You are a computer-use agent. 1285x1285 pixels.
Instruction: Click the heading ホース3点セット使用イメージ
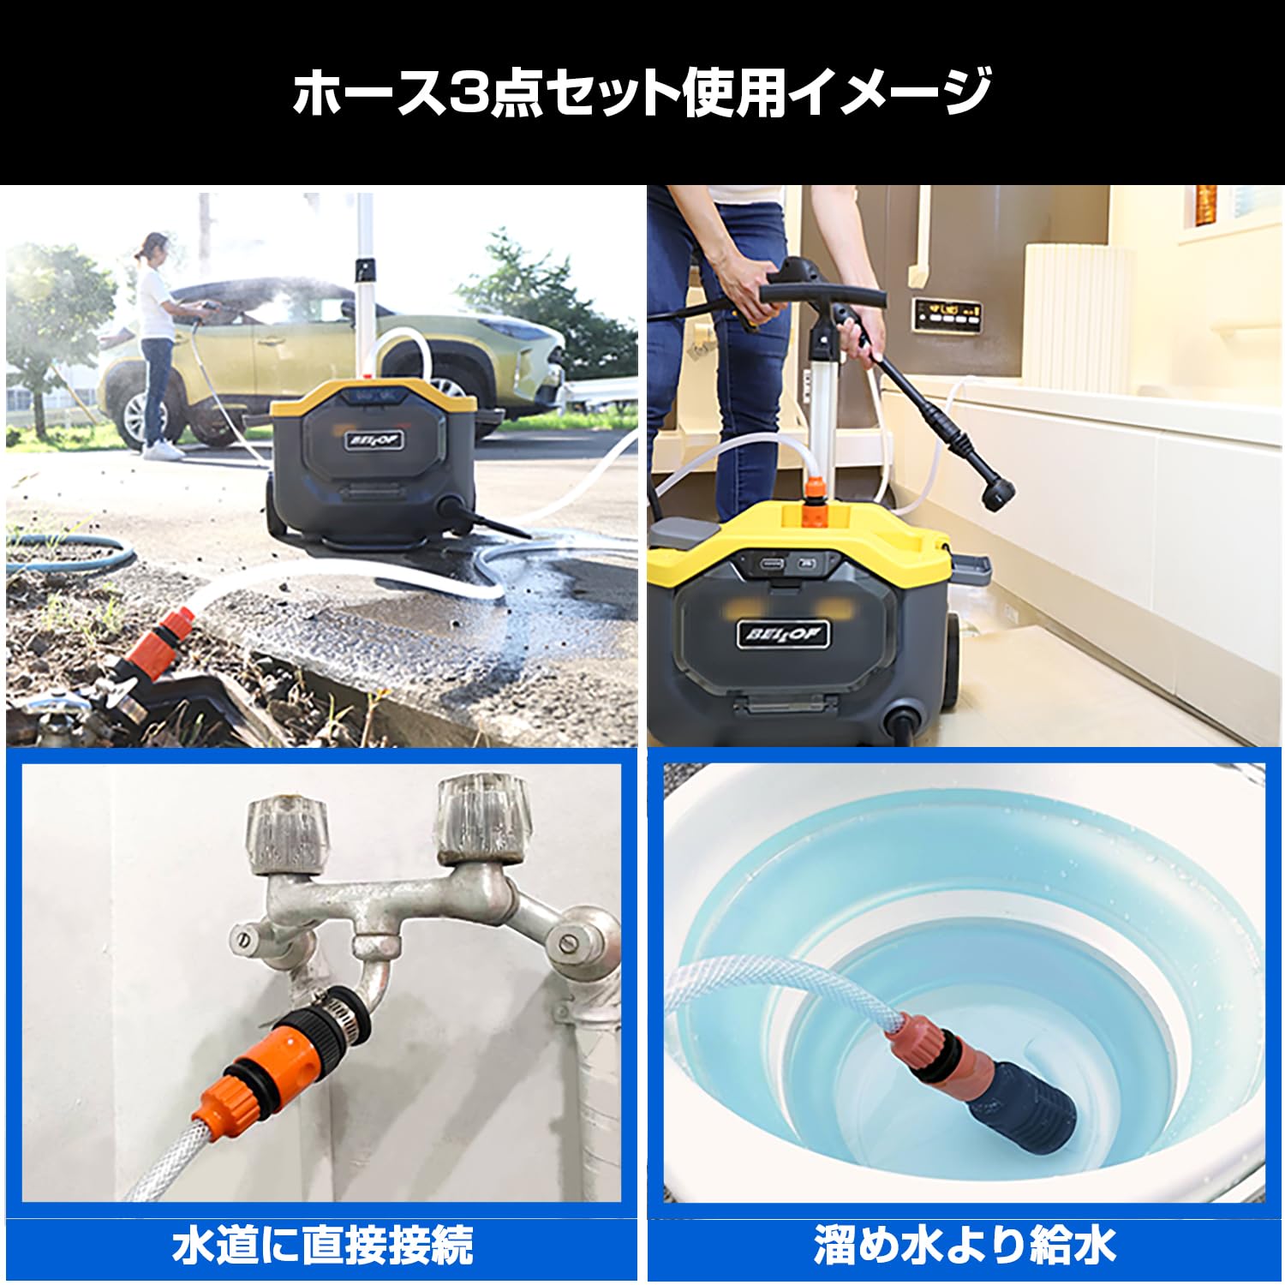[x=642, y=92]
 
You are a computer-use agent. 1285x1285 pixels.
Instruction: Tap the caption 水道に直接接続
[x=322, y=1245]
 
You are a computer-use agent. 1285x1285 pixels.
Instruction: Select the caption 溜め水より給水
[x=965, y=1245]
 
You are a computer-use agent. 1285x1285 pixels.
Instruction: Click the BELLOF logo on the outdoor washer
[x=375, y=441]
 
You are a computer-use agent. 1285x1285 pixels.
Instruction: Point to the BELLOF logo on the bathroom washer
[x=782, y=635]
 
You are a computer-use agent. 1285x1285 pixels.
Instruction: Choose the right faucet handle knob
[x=482, y=821]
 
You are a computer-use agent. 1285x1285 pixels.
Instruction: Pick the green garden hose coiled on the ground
[x=69, y=553]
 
